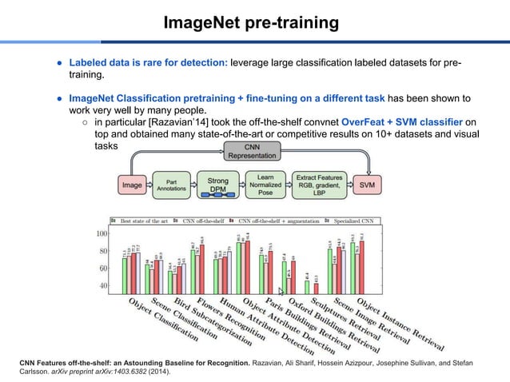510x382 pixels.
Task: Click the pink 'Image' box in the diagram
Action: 133,185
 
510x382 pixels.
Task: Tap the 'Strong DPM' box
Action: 217,185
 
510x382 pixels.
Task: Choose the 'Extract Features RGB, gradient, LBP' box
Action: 317,185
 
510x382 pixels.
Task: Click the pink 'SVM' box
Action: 369,185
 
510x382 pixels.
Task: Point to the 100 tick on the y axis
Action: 102,234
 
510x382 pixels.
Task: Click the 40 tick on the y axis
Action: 104,285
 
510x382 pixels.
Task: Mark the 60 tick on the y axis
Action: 104,269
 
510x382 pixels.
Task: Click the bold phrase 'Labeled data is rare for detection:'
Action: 149,62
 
